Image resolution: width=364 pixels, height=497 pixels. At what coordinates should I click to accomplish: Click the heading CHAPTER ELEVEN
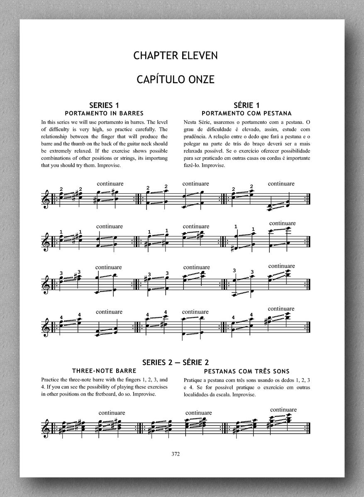(176, 55)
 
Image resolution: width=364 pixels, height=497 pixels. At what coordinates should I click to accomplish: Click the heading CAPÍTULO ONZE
(176, 79)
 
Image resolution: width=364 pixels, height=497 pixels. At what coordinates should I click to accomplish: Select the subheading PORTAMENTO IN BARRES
(105, 113)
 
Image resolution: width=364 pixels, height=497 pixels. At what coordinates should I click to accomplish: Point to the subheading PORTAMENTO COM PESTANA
(246, 113)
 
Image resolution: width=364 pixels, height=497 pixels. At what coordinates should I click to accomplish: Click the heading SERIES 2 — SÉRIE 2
(176, 362)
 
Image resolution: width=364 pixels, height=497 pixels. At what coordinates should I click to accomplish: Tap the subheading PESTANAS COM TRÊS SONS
(247, 371)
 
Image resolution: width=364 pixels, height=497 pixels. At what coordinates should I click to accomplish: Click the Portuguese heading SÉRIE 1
(247, 105)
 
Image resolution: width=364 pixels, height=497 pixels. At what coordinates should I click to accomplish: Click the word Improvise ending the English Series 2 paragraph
(142, 394)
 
